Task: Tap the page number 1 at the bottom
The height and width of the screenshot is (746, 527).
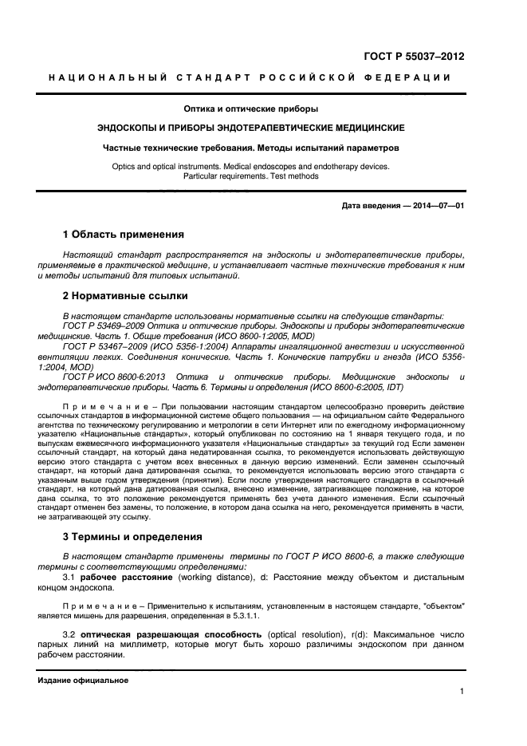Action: click(462, 692)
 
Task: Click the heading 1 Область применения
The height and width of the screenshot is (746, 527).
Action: click(123, 235)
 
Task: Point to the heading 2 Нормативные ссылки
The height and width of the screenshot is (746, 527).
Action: click(124, 296)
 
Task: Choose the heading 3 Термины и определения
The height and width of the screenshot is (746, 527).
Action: click(132, 536)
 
